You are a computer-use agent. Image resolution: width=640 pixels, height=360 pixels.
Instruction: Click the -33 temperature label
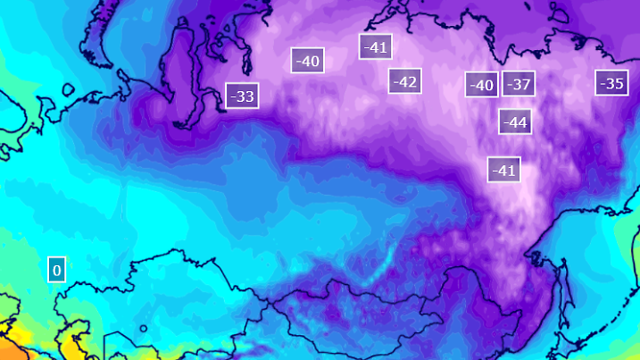[x=242, y=96]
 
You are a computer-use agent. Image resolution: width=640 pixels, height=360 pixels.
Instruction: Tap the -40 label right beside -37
[x=482, y=86]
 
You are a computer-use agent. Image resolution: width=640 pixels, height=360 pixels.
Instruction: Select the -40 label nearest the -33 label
[x=307, y=61]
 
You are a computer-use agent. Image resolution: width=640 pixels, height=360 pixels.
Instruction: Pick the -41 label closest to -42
[x=376, y=46]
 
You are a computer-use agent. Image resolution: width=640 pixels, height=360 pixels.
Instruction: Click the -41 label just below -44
[x=504, y=169]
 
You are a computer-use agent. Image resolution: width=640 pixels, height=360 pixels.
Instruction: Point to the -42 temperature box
[x=405, y=81]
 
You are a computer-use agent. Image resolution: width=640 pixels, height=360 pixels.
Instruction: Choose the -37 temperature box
[x=519, y=85]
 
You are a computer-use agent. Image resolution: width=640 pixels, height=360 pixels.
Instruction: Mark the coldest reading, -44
[x=515, y=121]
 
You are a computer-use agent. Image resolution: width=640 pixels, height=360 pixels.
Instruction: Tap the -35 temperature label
[x=611, y=83]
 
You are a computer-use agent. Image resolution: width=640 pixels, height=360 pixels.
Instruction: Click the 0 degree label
[x=56, y=269]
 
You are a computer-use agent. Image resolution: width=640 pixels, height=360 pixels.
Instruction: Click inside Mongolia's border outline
[x=357, y=308]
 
